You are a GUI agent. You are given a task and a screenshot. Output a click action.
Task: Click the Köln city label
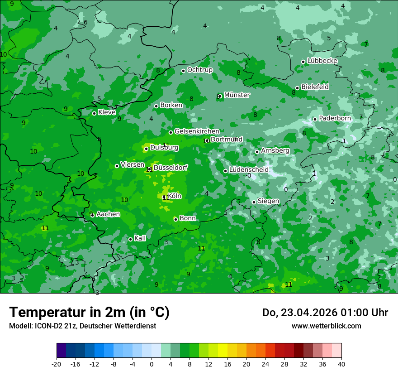tap(175, 196)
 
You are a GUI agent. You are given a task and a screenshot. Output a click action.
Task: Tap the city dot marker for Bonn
tap(175, 219)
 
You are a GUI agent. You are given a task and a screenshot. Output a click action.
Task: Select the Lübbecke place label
tap(322, 61)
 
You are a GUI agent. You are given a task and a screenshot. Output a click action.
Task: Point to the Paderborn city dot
tap(315, 119)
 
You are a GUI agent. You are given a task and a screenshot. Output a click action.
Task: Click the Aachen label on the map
tap(108, 214)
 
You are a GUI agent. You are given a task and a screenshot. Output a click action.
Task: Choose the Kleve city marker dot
tap(94, 113)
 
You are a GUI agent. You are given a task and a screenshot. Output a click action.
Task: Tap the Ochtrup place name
tap(199, 70)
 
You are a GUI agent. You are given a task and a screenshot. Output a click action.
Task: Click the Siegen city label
tap(268, 201)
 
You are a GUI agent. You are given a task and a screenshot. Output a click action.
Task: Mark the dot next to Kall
tap(130, 239)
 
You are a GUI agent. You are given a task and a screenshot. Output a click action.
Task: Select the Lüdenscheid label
tap(249, 170)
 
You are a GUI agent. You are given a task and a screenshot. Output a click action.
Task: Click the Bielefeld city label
tap(315, 87)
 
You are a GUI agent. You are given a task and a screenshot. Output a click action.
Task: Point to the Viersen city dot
tap(117, 166)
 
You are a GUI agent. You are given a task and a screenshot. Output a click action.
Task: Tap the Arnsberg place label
tap(275, 150)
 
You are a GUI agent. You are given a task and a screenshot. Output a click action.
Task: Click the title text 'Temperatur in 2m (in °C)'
tap(89, 313)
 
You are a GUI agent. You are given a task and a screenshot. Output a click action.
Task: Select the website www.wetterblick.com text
tap(326, 326)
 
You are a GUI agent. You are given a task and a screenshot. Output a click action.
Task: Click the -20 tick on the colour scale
tap(57, 364)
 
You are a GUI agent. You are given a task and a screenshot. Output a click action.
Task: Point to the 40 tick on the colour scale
tap(341, 364)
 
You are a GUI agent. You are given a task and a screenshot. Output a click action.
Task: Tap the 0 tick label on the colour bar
tap(152, 364)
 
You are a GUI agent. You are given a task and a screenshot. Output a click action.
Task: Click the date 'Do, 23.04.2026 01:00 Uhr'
tap(325, 313)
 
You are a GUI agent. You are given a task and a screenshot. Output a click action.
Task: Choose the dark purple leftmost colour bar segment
tap(61, 351)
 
